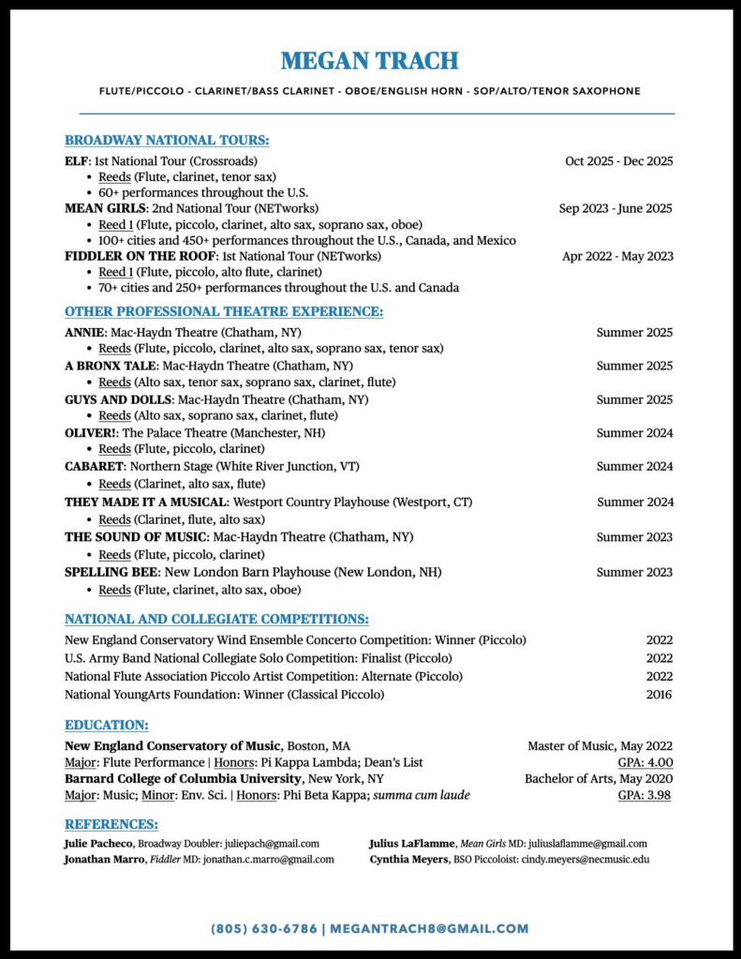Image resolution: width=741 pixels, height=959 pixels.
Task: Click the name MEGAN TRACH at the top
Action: (370, 62)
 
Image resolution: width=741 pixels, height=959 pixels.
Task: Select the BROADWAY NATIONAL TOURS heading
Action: (167, 141)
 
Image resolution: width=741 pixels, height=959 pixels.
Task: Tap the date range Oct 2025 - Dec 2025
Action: (618, 161)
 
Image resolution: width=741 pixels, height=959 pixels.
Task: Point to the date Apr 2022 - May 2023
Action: (617, 256)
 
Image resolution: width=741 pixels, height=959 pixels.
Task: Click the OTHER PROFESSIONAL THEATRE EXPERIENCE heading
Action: (223, 312)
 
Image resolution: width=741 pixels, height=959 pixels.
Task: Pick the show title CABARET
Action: (94, 466)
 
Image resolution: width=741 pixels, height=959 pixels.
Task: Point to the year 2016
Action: (659, 695)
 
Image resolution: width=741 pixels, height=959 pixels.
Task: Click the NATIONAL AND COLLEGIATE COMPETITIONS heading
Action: (216, 620)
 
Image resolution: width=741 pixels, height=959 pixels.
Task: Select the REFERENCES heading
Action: (111, 825)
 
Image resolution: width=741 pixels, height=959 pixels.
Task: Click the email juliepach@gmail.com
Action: (271, 844)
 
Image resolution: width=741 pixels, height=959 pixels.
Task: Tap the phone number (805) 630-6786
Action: (263, 929)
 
